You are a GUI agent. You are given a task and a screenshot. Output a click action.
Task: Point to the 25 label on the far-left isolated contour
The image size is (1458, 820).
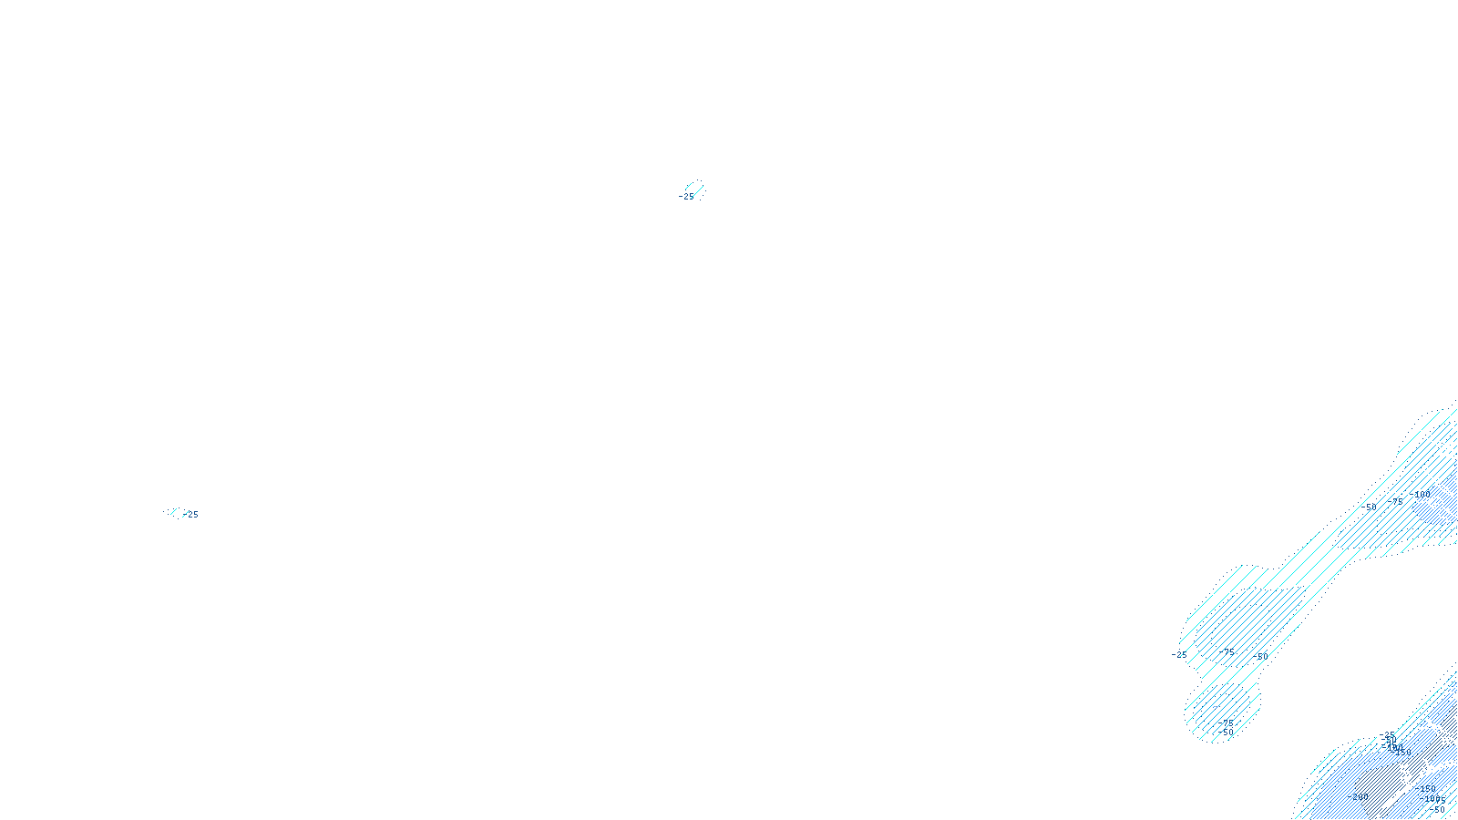point(191,515)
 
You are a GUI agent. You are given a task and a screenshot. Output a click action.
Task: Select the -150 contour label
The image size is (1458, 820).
point(1427,789)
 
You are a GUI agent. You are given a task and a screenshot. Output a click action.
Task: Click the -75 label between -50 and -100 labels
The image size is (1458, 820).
point(1395,501)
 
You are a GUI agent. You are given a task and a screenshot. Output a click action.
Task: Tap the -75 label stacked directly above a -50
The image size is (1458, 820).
point(1227,723)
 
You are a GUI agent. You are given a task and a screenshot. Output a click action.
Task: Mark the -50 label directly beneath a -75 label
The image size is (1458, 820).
point(1227,733)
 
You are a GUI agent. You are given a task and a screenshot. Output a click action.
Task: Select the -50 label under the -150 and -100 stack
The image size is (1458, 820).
point(1437,809)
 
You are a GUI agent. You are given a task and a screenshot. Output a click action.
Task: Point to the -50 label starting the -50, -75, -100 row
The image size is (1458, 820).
point(1369,507)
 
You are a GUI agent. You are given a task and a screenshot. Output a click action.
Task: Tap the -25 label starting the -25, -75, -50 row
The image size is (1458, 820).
point(1179,654)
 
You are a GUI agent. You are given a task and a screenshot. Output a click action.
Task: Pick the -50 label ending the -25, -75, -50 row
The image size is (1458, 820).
point(1260,656)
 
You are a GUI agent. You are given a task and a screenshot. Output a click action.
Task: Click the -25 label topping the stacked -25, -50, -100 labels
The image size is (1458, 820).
point(1387,735)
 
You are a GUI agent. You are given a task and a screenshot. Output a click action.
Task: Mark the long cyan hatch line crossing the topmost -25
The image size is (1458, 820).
point(694,190)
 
